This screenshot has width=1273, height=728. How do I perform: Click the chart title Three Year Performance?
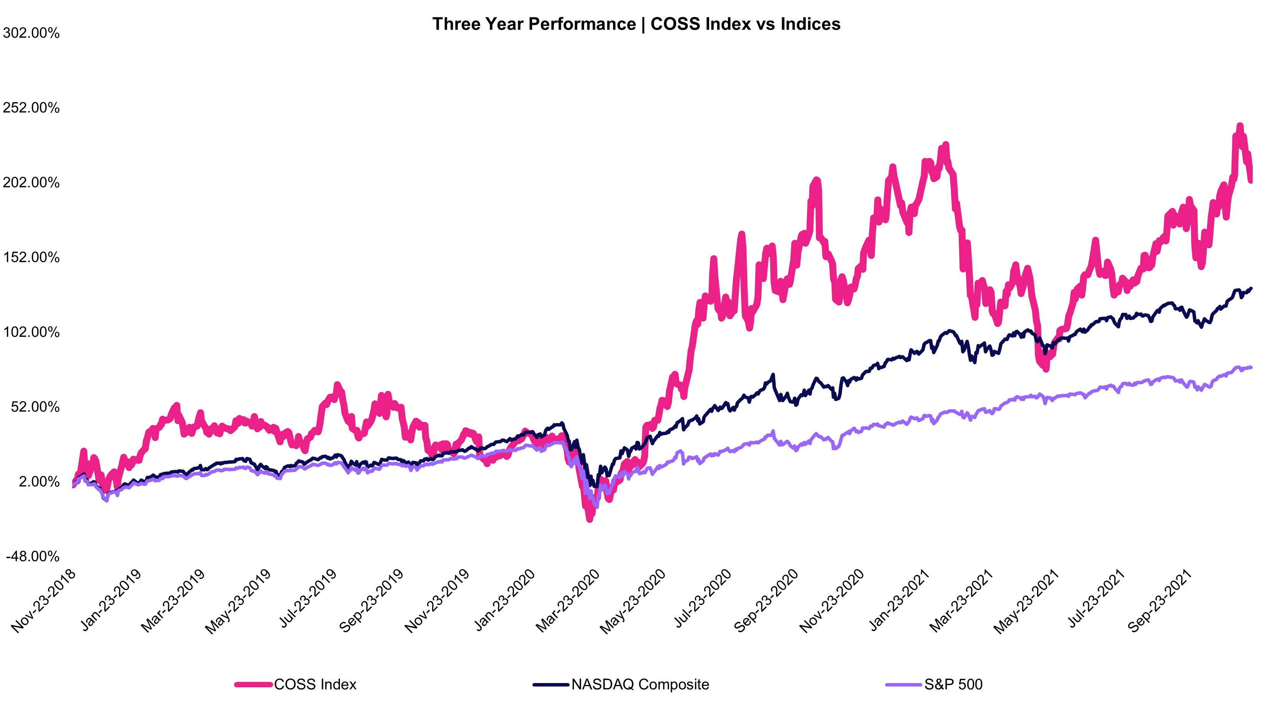pyautogui.click(x=636, y=24)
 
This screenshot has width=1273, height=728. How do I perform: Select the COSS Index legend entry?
pyautogui.click(x=315, y=685)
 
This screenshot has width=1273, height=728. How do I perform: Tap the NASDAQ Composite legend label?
pyautogui.click(x=640, y=685)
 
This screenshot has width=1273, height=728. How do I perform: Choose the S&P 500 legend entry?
pyautogui.click(x=953, y=685)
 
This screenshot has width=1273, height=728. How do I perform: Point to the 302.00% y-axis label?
pyautogui.click(x=31, y=33)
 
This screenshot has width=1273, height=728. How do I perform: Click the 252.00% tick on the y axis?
pyautogui.click(x=31, y=108)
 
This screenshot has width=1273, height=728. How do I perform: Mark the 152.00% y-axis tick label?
pyautogui.click(x=31, y=257)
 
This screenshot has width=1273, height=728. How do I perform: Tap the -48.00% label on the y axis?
pyautogui.click(x=33, y=557)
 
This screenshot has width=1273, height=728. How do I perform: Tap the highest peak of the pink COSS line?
pyautogui.click(x=1240, y=125)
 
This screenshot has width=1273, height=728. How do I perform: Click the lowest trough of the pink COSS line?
pyautogui.click(x=590, y=520)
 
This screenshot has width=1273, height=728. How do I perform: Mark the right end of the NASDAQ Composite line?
pyautogui.click(x=1251, y=289)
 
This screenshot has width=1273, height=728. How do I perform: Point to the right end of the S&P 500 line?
pyautogui.click(x=1251, y=368)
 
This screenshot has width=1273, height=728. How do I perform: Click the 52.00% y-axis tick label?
pyautogui.click(x=35, y=407)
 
